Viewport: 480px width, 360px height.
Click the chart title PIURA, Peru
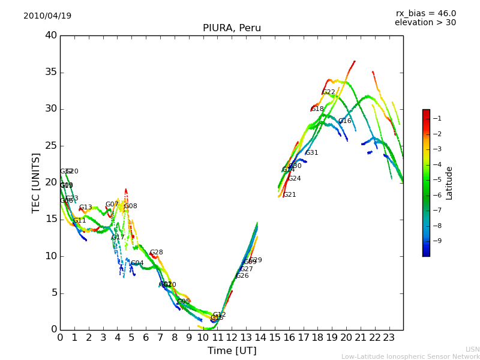pyautogui.click(x=232, y=28)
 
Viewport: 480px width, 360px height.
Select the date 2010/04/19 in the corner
pyautogui.click(x=47, y=16)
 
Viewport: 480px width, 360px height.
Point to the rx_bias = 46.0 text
pyautogui.click(x=425, y=14)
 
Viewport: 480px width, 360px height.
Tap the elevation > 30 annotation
pyautogui.click(x=425, y=23)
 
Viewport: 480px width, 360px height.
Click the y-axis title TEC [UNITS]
pyautogui.click(x=37, y=182)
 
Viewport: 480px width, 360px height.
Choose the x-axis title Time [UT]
pyautogui.click(x=232, y=351)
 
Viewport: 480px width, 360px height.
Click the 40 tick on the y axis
pyautogui.click(x=51, y=35)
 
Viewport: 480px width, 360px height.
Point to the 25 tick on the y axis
pyautogui.click(x=51, y=146)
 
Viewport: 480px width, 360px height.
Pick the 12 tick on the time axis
pyautogui.click(x=232, y=337)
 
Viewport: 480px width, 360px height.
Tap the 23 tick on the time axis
pyautogui.click(x=389, y=337)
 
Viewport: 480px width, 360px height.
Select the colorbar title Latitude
pyautogui.click(x=449, y=183)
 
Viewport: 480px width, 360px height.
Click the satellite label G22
pyautogui.click(x=329, y=92)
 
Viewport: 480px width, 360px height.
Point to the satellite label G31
pyautogui.click(x=312, y=153)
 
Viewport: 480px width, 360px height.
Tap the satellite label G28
pyautogui.click(x=157, y=253)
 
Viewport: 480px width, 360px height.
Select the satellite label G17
pyautogui.click(x=118, y=238)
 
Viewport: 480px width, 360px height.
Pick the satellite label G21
pyautogui.click(x=290, y=195)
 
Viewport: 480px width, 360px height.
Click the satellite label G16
pyautogui.click(x=345, y=121)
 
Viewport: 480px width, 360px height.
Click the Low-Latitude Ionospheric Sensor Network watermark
pyautogui.click(x=410, y=357)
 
